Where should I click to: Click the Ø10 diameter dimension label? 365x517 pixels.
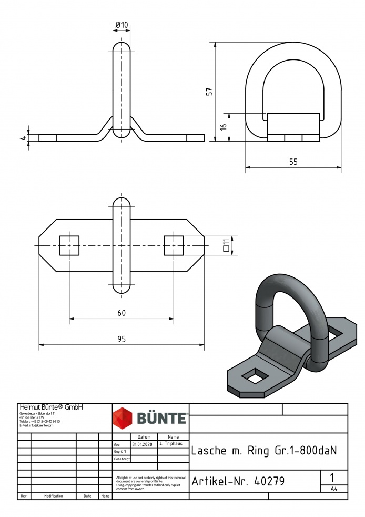[x=121, y=25]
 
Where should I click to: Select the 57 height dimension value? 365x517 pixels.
[x=210, y=91]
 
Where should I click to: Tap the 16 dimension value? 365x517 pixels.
[x=224, y=127]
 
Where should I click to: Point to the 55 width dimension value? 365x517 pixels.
[x=293, y=162]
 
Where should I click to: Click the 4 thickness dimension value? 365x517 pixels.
[x=23, y=138]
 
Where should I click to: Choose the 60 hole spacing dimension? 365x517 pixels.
[x=121, y=313]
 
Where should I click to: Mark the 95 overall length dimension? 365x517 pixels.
[x=121, y=340]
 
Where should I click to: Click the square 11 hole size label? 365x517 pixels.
[x=226, y=245]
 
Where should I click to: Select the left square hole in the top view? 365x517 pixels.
[x=69, y=246]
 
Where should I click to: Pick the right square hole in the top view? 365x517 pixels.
[x=174, y=246]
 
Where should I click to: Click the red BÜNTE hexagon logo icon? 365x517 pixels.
[x=124, y=418]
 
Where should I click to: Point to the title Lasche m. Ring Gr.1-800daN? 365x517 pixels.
[x=263, y=451]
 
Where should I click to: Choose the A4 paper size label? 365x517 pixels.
[x=333, y=489]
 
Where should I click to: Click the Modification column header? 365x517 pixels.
[x=54, y=496]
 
